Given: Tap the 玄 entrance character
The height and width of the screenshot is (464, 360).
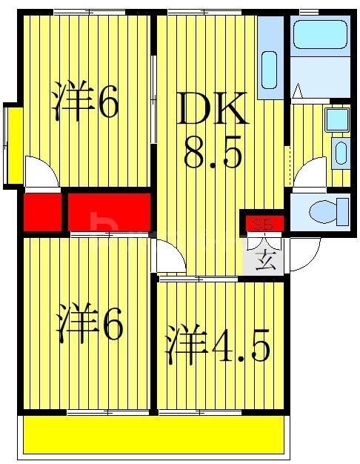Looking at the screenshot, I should pyautogui.click(x=264, y=259).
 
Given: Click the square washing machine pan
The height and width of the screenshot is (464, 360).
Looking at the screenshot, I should pyautogui.click(x=336, y=119).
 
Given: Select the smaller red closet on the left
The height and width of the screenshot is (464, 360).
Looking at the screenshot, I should pyautogui.click(x=41, y=211).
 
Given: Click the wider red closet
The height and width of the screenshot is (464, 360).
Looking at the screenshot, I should pyautogui.click(x=110, y=211).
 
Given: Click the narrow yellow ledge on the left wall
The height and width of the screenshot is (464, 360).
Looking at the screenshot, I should pyautogui.click(x=13, y=145).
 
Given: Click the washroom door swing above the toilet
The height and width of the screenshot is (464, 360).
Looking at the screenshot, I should pyautogui.click(x=311, y=173).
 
